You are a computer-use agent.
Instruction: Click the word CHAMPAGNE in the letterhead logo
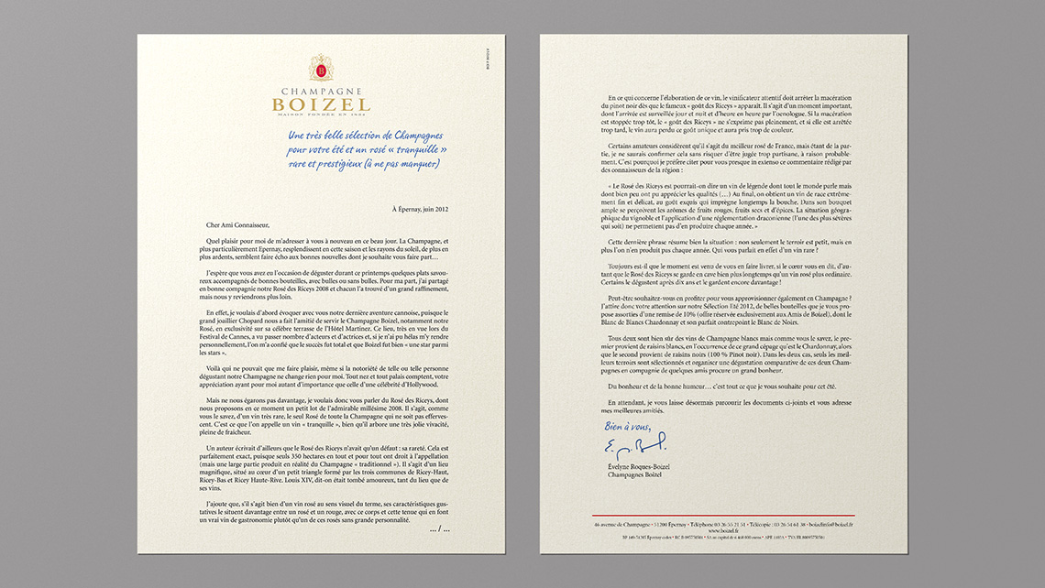[321, 93]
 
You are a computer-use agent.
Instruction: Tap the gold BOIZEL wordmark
[321, 104]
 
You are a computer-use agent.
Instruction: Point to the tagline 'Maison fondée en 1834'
[321, 115]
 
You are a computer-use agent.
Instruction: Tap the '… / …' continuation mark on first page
[439, 529]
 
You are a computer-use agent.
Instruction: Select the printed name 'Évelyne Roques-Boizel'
[638, 466]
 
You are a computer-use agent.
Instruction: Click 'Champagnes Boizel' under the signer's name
[633, 474]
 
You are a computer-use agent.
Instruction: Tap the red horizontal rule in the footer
[723, 516]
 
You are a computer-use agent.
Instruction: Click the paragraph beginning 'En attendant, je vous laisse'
[723, 407]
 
